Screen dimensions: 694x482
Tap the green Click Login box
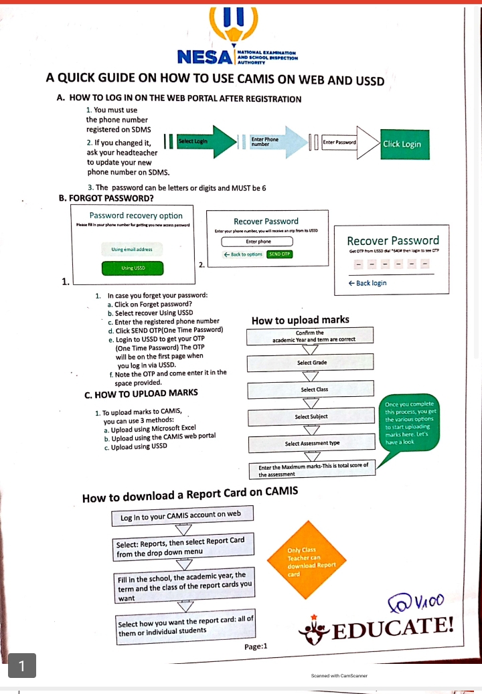tap(402, 144)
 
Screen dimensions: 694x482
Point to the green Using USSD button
tap(133, 268)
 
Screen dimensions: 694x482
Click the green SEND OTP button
tap(279, 254)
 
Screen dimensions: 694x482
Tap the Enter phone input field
tap(258, 241)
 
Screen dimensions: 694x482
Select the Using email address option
tap(132, 249)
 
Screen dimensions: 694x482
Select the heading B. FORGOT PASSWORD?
tap(106, 198)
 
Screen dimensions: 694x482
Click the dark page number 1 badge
tap(22, 666)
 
